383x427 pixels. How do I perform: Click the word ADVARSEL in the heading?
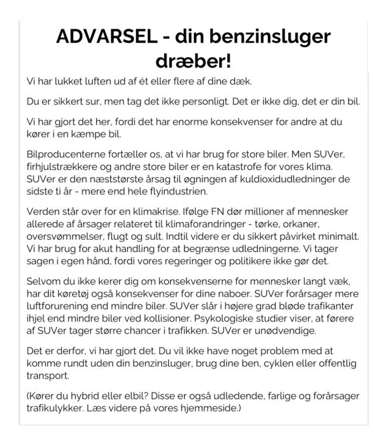click(107, 36)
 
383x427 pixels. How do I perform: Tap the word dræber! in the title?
click(193, 61)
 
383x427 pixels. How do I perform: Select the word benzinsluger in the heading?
click(270, 36)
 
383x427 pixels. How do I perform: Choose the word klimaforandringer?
click(205, 224)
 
